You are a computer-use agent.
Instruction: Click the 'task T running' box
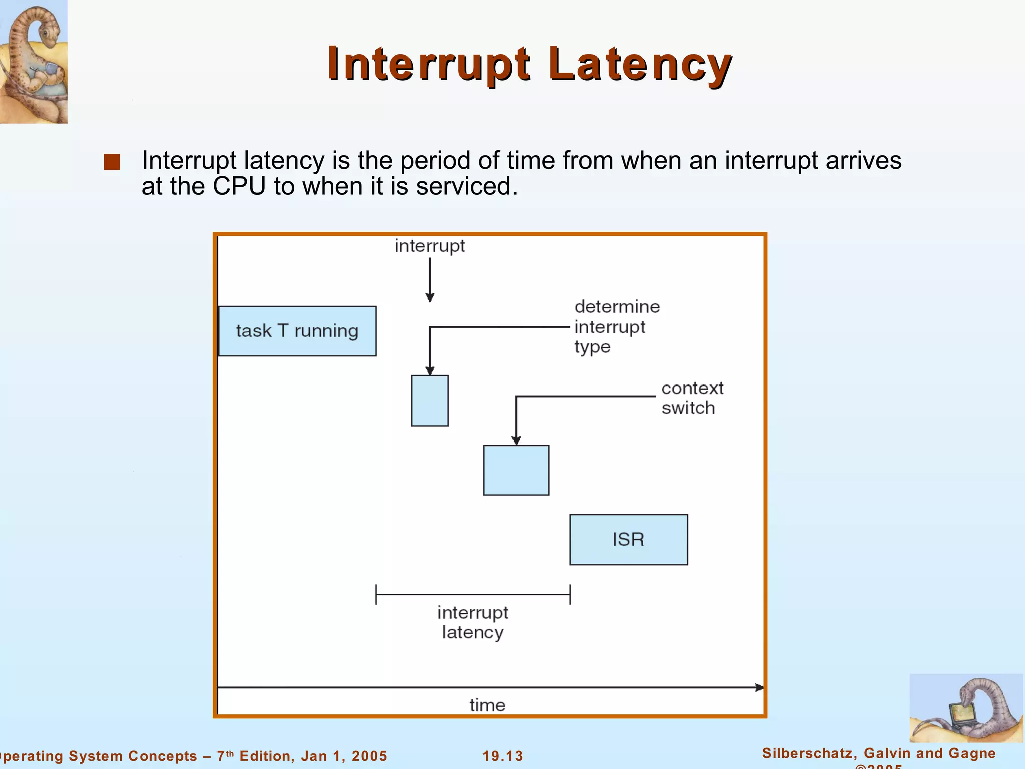click(297, 331)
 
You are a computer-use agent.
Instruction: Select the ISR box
click(628, 540)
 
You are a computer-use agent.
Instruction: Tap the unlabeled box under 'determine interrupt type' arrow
click(430, 401)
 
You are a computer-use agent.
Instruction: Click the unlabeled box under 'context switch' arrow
click(516, 470)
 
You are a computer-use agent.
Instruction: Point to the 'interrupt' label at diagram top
click(429, 246)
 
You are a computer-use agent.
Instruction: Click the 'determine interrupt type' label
click(616, 326)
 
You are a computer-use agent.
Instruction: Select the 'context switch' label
click(692, 398)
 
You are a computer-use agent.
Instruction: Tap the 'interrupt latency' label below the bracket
click(472, 622)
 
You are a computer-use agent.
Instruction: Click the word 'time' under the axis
click(487, 705)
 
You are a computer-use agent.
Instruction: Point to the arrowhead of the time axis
click(759, 687)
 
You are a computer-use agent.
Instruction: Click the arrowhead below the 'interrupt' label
click(430, 297)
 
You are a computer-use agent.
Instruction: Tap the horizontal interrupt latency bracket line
click(472, 594)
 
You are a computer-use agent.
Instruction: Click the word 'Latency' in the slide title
click(640, 64)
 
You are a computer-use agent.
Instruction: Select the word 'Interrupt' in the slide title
click(428, 64)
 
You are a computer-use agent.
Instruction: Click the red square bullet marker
click(112, 162)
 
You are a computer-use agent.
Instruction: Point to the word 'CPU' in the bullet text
click(239, 186)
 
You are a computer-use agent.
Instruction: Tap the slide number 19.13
click(502, 756)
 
